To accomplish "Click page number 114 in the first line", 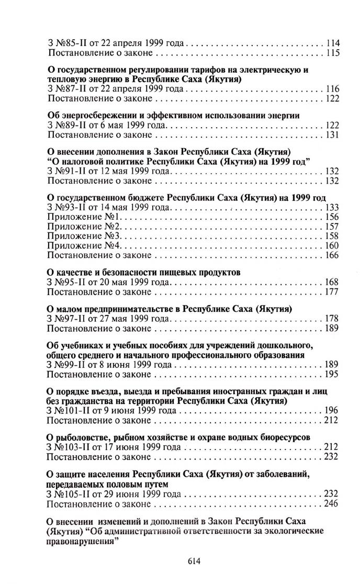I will [332, 43].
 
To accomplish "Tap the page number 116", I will [332, 89].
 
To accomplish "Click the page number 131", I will [332, 134].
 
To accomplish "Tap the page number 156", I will [332, 217].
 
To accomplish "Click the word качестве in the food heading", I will [74, 273].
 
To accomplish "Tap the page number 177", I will [332, 292].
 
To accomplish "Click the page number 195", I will [332, 374].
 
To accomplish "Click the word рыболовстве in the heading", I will [82, 437].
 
